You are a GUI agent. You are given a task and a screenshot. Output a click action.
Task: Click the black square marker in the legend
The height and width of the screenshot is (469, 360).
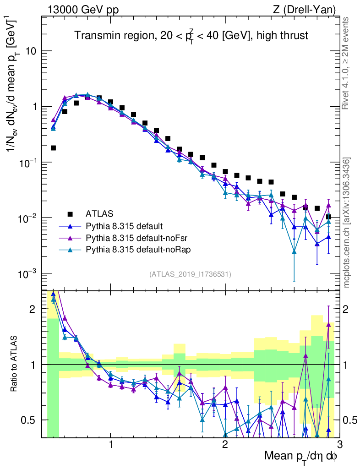click(70, 214)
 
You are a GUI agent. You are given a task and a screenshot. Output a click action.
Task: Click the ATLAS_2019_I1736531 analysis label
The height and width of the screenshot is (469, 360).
click(190, 274)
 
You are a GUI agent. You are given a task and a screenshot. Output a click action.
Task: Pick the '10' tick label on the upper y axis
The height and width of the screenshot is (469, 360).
click(31, 51)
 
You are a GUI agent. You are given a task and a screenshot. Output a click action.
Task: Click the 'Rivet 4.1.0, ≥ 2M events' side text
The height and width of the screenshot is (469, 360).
click(346, 63)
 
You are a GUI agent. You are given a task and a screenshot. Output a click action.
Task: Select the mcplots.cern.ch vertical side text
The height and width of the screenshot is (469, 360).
click(347, 223)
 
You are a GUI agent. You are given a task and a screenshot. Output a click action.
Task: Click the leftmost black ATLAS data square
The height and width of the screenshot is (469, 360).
click(53, 148)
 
